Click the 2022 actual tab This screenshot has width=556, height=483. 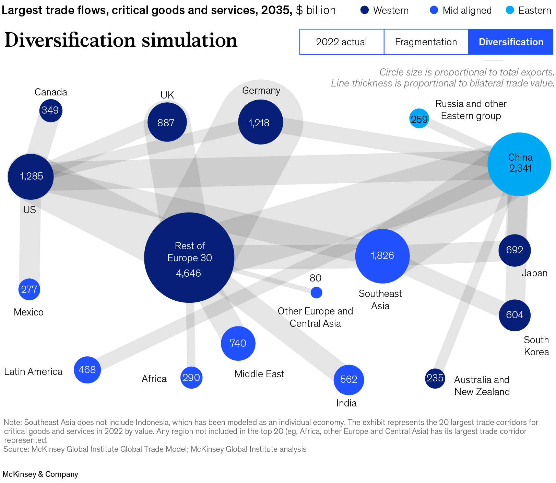[341, 42]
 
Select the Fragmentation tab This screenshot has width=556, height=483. [426, 42]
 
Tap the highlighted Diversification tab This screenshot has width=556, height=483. [511, 42]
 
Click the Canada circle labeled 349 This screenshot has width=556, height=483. [51, 111]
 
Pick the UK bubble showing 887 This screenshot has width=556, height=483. [167, 122]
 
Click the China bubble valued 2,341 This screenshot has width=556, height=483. [519, 164]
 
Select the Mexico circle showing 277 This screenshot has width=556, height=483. [29, 289]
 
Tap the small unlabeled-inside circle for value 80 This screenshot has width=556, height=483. [316, 292]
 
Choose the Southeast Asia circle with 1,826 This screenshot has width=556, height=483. [382, 256]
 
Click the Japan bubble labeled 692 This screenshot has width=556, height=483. [514, 250]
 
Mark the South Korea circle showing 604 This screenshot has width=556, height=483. [514, 315]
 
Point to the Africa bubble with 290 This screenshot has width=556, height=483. [191, 378]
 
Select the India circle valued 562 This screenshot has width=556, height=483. [349, 380]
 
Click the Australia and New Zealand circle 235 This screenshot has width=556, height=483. [435, 378]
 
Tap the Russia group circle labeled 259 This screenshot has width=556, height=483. [419, 119]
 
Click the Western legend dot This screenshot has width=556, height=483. [364, 10]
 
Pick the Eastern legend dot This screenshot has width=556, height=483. [510, 10]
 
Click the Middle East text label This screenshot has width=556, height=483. [259, 374]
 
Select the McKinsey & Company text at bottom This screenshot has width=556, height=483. [40, 474]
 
